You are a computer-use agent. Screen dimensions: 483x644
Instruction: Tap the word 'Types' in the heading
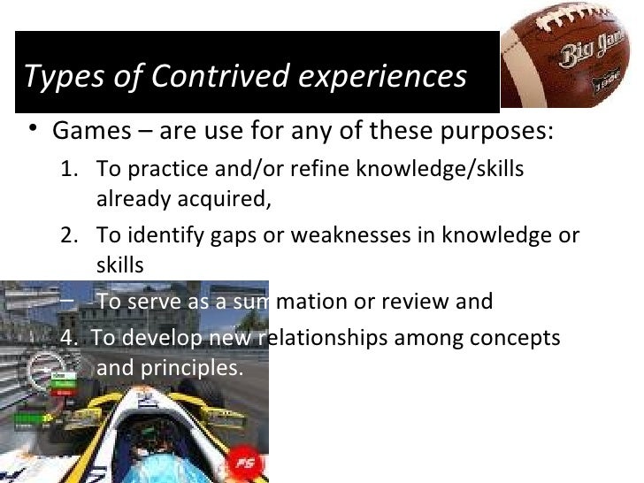click(55, 78)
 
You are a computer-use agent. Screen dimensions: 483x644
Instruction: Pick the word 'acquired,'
click(223, 198)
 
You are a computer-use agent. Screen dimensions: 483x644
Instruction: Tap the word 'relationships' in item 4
click(322, 338)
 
